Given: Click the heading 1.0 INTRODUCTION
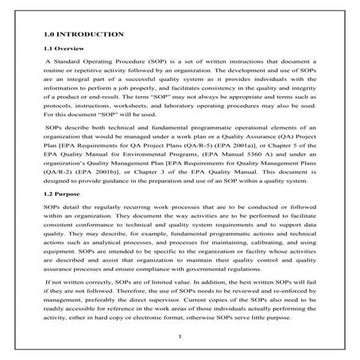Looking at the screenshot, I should (83, 35).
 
